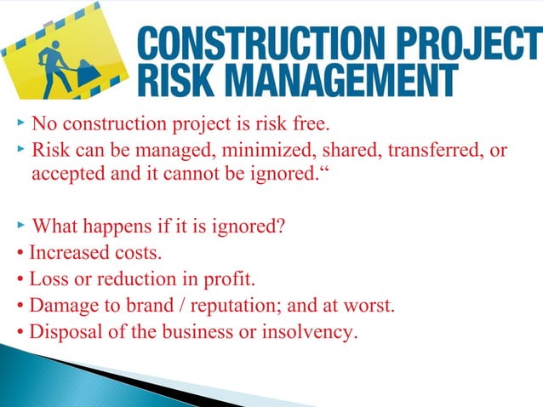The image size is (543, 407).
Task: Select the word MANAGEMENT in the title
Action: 341,82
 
